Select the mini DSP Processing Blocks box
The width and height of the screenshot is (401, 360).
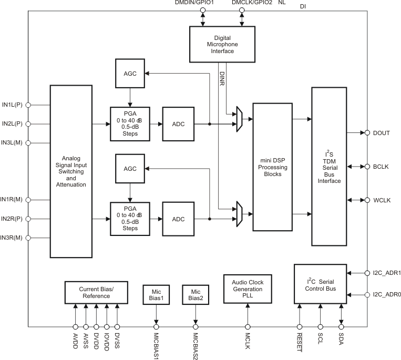[x=272, y=167]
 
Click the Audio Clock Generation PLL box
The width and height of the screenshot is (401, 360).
[x=247, y=289]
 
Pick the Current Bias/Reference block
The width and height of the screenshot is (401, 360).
[x=96, y=292]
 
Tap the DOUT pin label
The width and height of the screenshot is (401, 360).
[x=381, y=133]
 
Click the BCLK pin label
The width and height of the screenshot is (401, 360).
[x=381, y=167]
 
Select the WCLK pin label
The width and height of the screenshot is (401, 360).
[x=381, y=200]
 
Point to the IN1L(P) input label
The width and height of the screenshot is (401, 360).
[x=12, y=105]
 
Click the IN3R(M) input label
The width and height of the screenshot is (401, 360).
[x=12, y=238]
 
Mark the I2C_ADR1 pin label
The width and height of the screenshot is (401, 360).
[x=386, y=273]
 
